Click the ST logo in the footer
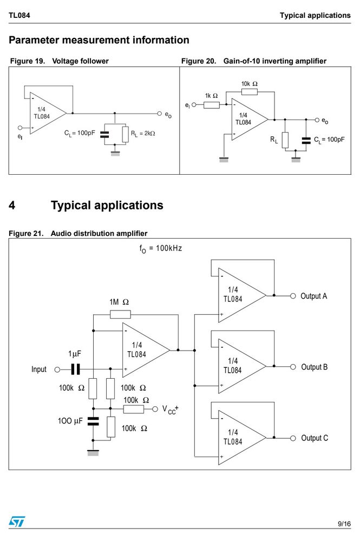17,522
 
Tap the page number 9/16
344,524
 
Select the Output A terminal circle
293,296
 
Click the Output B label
314,367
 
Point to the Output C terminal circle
293,438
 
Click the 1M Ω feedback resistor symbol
120,314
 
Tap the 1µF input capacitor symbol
76,369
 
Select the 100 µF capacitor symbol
93,421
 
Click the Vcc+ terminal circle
155,409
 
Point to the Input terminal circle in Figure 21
57,370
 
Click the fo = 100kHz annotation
160,248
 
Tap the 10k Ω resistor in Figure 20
249,92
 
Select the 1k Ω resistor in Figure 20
211,104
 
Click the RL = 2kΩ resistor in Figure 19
125,134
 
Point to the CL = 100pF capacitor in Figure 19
104,135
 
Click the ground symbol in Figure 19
115,153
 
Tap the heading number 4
12,205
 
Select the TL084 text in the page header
19,15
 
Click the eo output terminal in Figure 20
317,120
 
